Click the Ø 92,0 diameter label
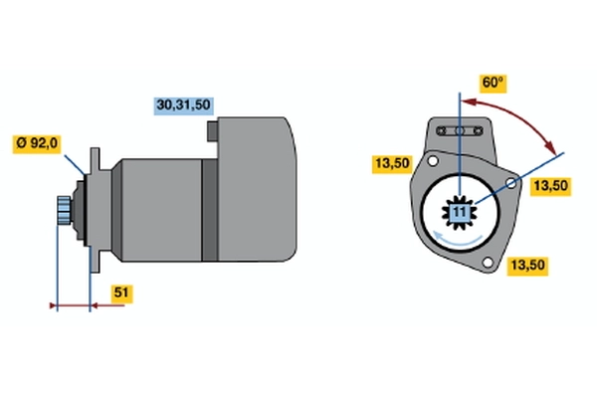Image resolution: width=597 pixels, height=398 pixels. pos(38,143)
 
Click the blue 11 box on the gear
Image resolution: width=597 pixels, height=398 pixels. pos(459,211)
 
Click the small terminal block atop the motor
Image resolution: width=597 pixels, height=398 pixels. pos(213,129)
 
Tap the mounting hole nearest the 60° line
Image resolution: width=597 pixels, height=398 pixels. pos(512,185)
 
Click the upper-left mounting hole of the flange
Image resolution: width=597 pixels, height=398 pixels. pos(433,163)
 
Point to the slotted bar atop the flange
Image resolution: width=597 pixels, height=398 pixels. pos(461,130)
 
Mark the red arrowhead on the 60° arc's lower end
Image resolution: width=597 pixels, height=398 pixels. pos(551,148)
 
